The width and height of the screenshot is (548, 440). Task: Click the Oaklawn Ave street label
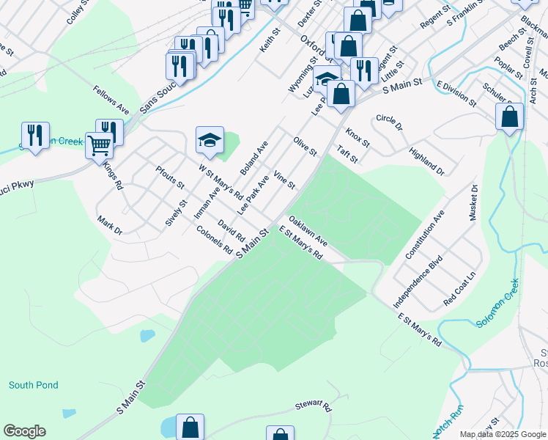pyautogui.click(x=308, y=230)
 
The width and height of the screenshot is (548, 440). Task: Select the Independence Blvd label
pyautogui.click(x=418, y=281)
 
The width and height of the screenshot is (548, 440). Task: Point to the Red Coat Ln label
pyautogui.click(x=459, y=289)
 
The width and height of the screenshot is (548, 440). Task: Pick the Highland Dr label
pyautogui.click(x=426, y=161)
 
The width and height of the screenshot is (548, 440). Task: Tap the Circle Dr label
pyautogui.click(x=389, y=122)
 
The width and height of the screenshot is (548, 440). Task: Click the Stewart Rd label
pyautogui.click(x=314, y=405)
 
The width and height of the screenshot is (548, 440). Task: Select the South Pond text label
pyautogui.click(x=33, y=385)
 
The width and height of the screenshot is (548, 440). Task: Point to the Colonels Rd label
pyautogui.click(x=215, y=240)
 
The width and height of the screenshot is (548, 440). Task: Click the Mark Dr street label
pyautogui.click(x=109, y=225)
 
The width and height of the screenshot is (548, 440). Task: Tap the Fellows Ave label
pyautogui.click(x=111, y=100)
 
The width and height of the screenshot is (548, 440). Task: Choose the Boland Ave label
pyautogui.click(x=254, y=157)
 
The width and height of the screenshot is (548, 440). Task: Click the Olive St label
pyautogui.click(x=305, y=146)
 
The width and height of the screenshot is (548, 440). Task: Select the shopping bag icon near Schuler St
pyautogui.click(x=509, y=117)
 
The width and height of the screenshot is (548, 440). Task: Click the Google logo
pyautogui.click(x=24, y=431)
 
